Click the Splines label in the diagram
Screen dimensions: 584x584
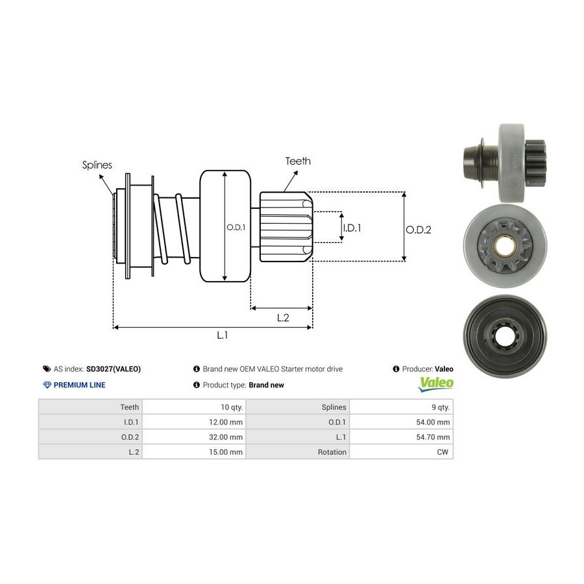pos(97,165)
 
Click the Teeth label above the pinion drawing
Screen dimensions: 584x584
pos(298,161)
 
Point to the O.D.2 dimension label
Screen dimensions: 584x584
pos(419,229)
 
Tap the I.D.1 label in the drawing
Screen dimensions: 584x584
pos(352,228)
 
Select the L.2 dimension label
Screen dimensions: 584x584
pos(283,317)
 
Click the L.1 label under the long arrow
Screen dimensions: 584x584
pos(223,335)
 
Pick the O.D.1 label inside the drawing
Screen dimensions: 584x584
pos(235,228)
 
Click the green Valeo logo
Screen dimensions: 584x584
pos(436,383)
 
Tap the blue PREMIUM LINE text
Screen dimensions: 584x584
pos(79,385)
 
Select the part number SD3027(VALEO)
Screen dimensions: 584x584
pos(113,369)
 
